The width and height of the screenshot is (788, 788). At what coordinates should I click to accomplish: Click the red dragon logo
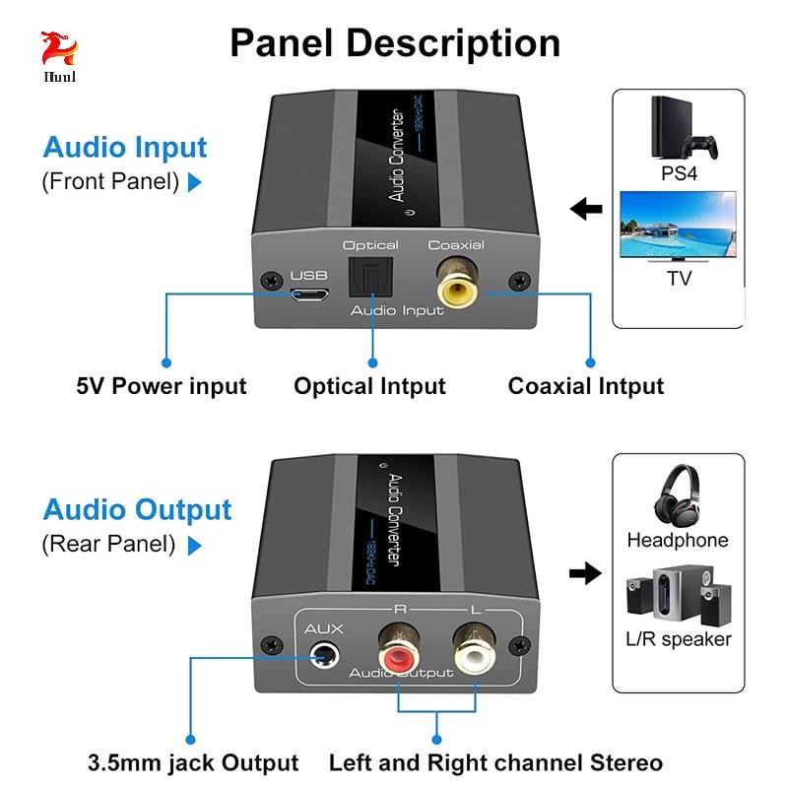coord(59,48)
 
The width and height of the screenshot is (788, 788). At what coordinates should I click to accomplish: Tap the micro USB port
coord(309,294)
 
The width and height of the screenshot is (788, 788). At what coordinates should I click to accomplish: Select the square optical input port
coord(370,277)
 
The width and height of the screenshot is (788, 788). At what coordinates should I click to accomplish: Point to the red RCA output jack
coord(399,651)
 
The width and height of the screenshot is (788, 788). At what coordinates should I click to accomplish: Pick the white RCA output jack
coord(475,651)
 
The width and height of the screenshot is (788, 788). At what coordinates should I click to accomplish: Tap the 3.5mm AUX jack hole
coord(324,656)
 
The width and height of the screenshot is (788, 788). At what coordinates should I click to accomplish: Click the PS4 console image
coord(683,127)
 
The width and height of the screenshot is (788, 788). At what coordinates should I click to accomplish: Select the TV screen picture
coord(678,227)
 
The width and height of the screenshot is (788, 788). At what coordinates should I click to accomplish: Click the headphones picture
coord(677,495)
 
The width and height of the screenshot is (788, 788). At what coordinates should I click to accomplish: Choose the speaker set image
coord(679,595)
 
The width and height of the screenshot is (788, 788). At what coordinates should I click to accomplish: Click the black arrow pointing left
coord(586,208)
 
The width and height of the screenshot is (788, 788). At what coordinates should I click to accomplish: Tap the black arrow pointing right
coord(585,573)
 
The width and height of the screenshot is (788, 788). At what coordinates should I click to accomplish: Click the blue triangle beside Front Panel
coord(194,182)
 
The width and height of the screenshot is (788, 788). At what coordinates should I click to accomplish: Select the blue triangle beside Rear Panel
coord(194,546)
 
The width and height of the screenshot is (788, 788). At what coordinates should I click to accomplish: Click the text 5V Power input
coord(162,386)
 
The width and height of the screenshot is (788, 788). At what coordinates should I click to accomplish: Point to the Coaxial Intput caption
coord(585,386)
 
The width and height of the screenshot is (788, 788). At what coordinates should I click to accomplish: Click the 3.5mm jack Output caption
coord(193,762)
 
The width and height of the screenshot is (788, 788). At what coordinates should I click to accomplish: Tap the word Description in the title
coord(453,43)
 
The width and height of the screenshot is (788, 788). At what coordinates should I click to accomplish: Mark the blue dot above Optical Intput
coord(372,362)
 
